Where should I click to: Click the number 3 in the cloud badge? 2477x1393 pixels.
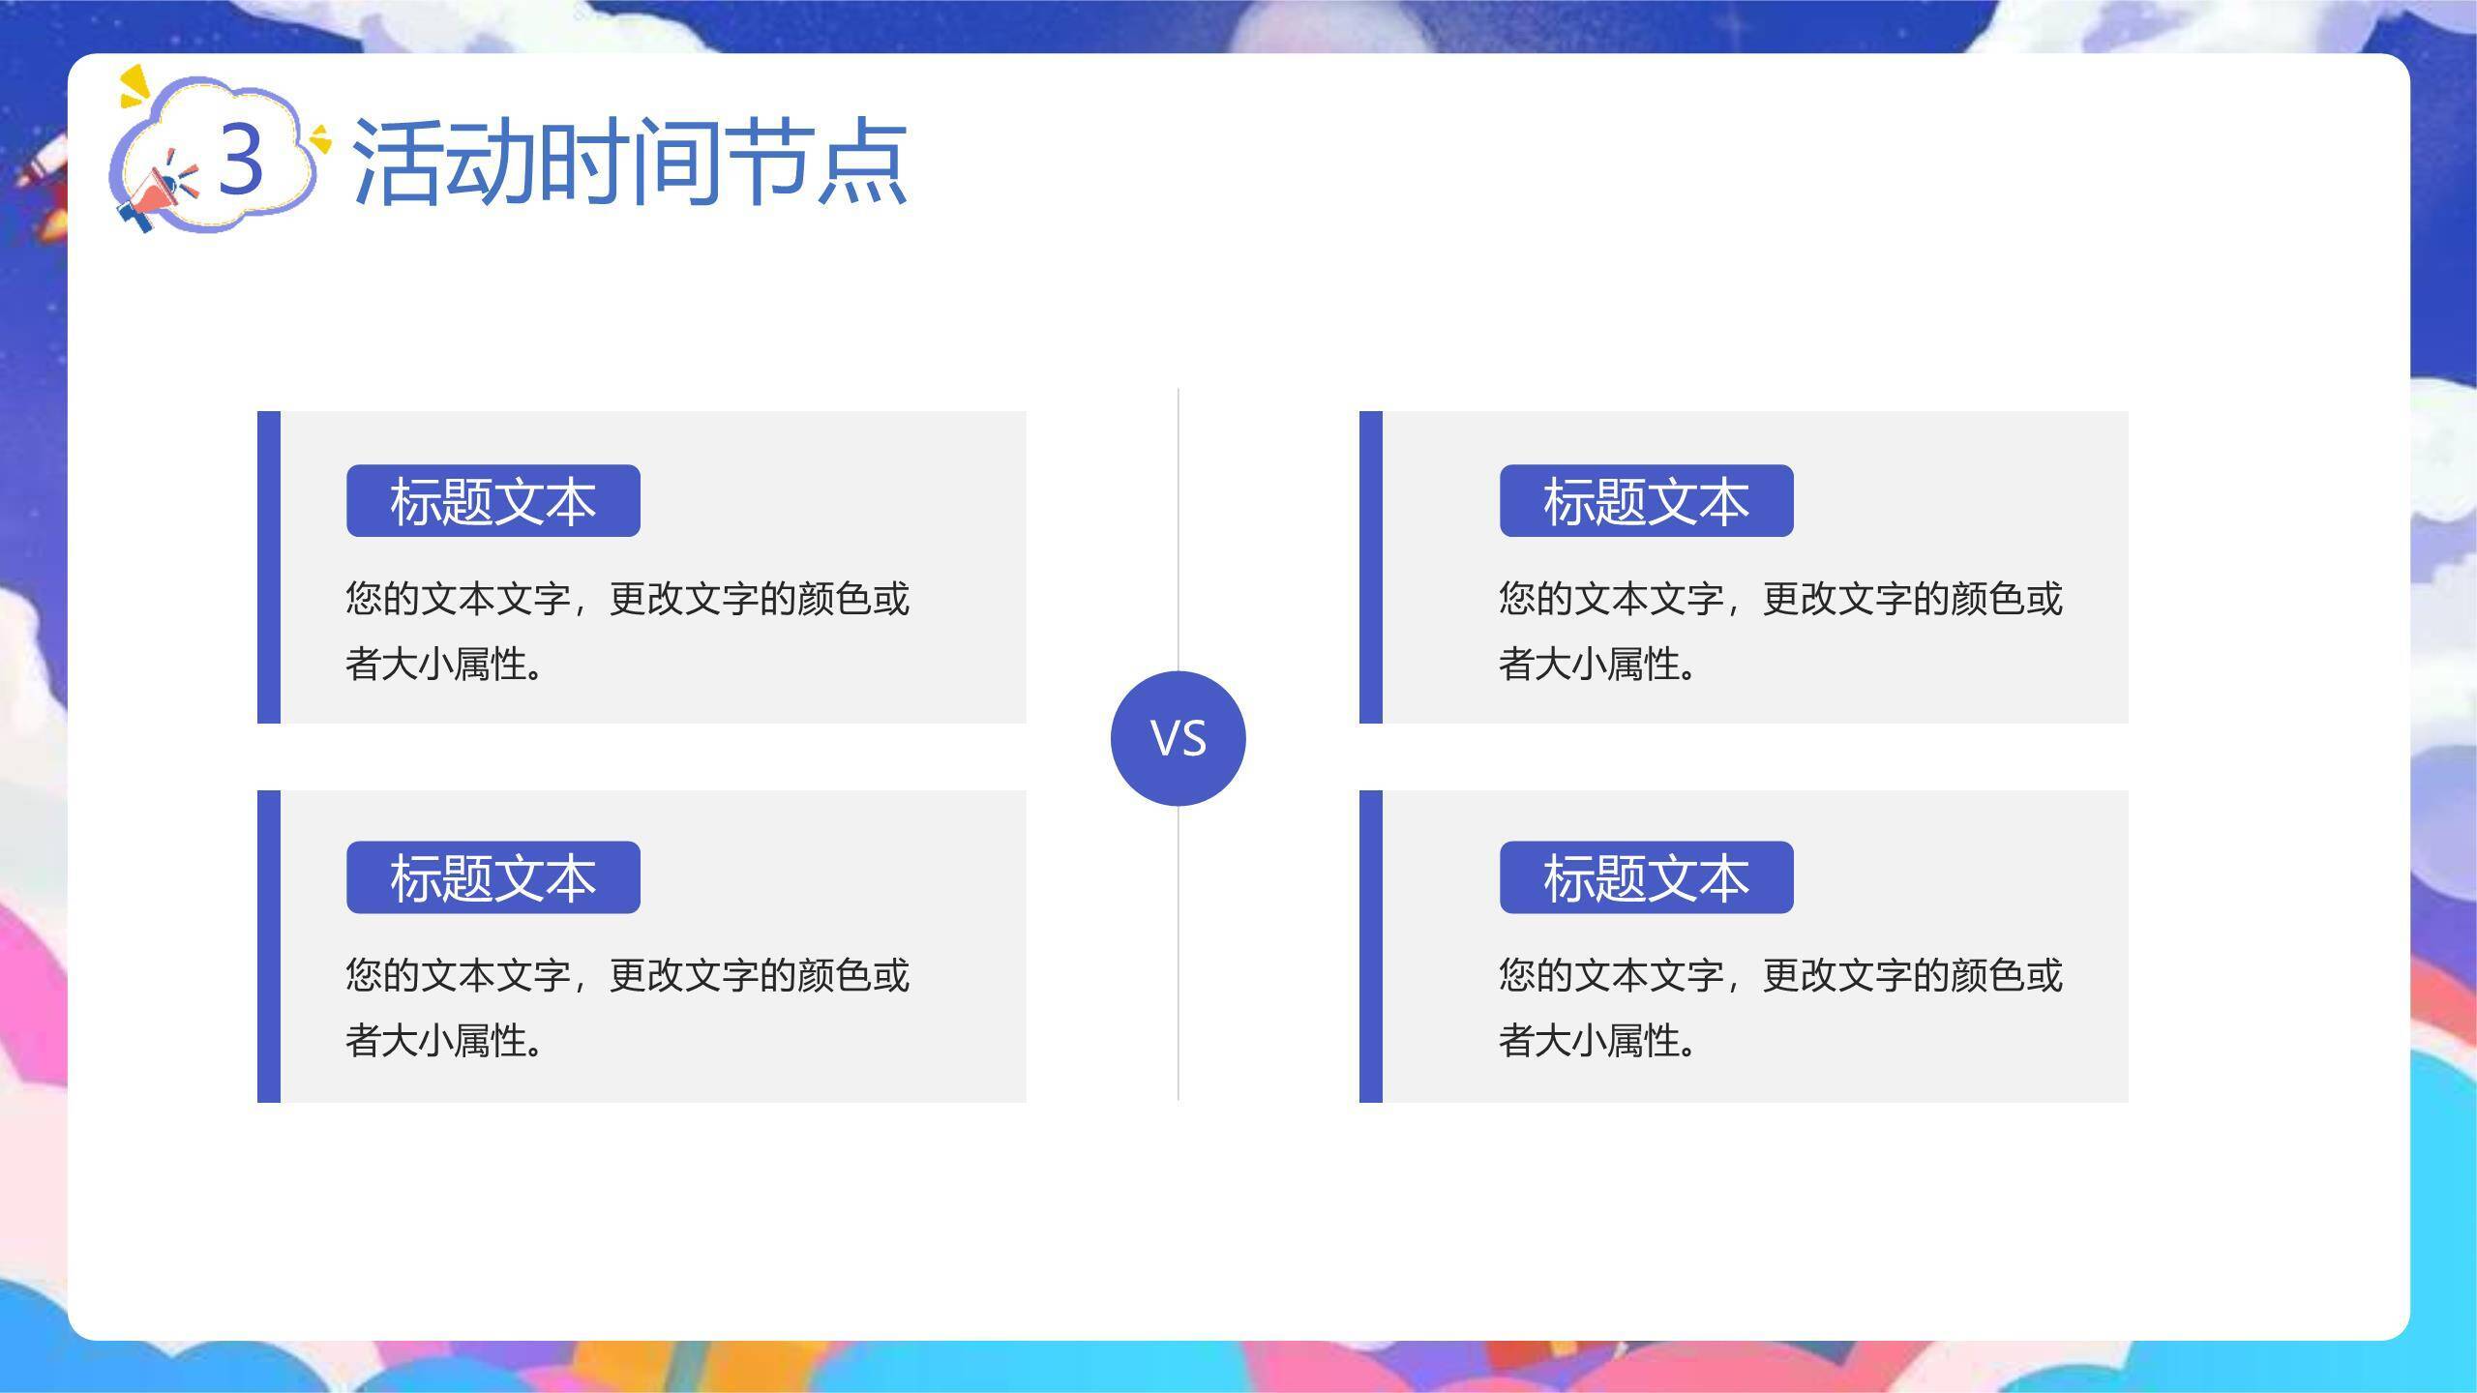[241, 160]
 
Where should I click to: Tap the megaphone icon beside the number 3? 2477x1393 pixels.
[155, 198]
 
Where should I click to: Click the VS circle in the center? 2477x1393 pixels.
[1178, 738]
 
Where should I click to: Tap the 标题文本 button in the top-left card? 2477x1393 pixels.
[493, 501]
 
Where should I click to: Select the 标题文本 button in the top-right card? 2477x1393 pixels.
[1646, 501]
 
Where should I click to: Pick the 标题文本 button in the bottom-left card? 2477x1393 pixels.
[493, 877]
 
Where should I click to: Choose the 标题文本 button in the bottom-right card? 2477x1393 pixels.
[1646, 877]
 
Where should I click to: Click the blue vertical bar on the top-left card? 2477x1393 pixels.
[269, 567]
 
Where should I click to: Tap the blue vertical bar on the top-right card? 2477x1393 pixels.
[1370, 567]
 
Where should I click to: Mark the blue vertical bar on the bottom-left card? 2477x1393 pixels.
[269, 946]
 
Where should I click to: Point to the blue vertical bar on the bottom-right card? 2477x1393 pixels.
[1370, 946]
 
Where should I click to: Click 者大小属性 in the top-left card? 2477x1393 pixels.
[437, 665]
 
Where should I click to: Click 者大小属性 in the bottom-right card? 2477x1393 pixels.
[1591, 1041]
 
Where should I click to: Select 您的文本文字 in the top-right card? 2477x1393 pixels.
[1611, 599]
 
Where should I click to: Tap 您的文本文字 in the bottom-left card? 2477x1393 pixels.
[458, 975]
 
